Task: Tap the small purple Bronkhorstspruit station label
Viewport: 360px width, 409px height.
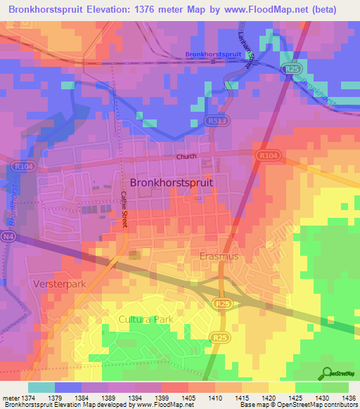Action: point(213,54)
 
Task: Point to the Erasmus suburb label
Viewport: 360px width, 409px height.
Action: point(219,257)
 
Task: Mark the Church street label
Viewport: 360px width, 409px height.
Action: point(186,157)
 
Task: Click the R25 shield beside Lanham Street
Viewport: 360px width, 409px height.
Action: point(290,69)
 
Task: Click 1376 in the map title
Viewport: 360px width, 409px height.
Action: point(153,9)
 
